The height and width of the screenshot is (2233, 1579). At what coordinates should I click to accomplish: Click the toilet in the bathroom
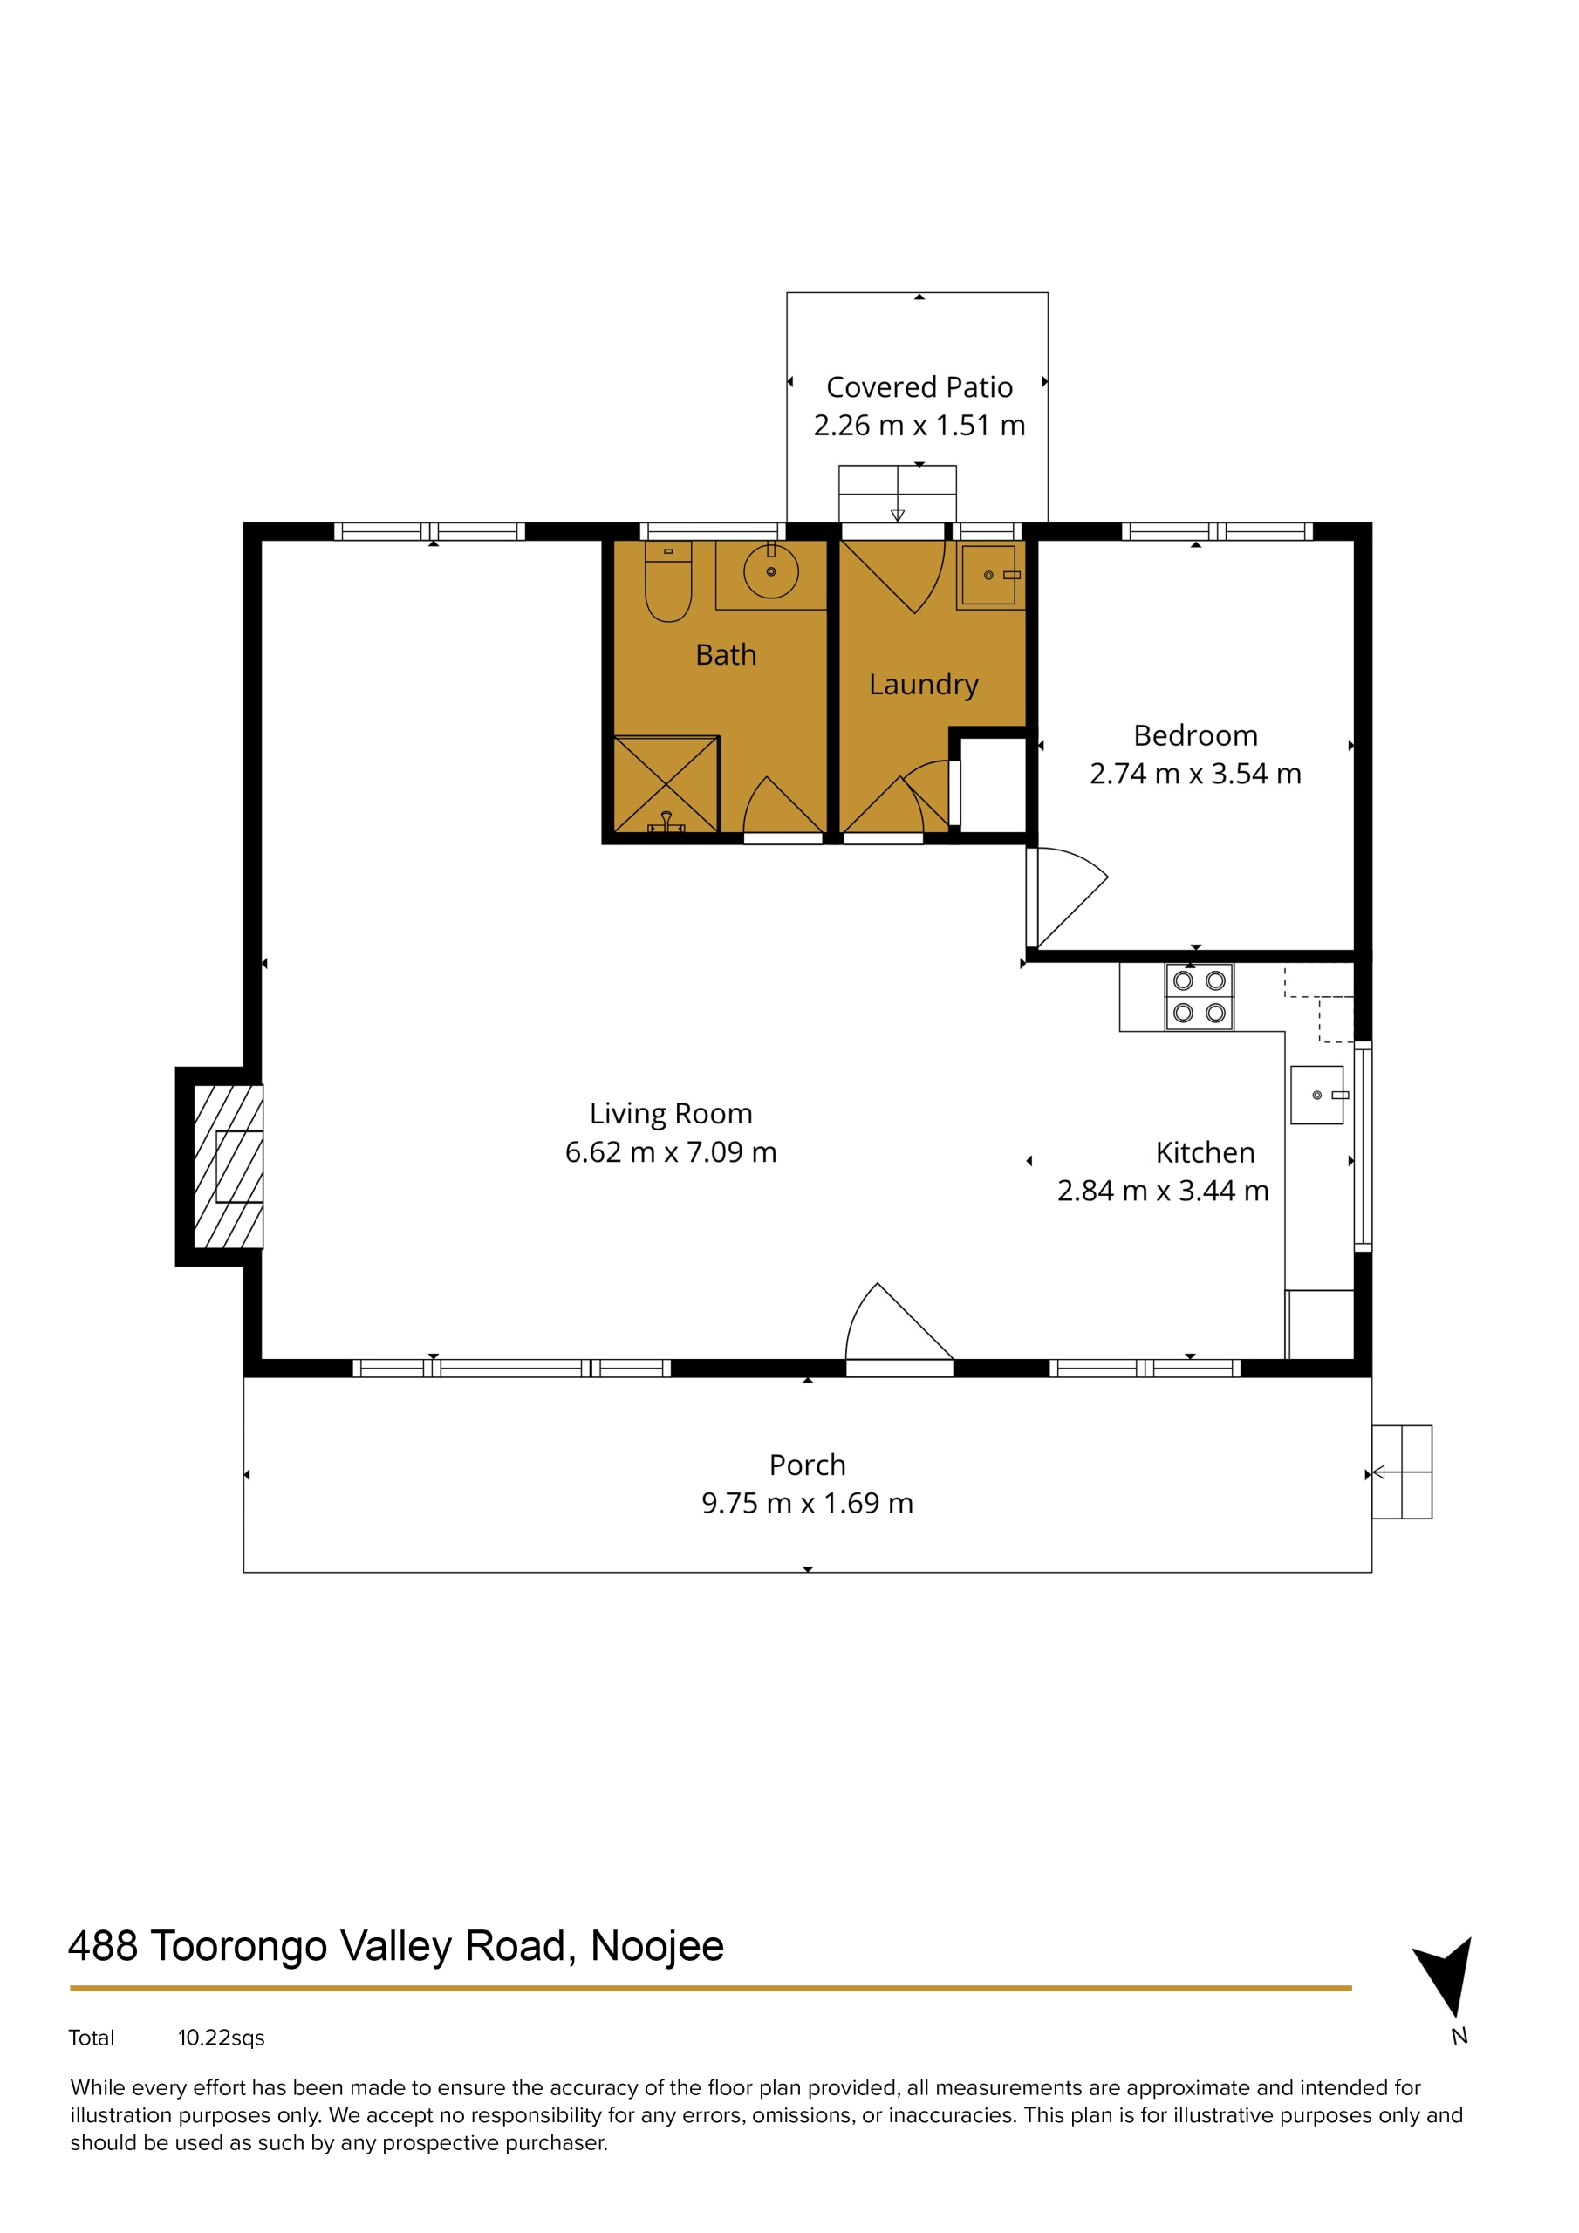click(667, 581)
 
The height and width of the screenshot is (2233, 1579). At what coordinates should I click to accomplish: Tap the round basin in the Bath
click(770, 572)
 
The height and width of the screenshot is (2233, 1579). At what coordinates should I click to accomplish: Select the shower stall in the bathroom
click(666, 784)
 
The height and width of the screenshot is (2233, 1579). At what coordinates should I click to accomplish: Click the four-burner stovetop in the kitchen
click(1199, 997)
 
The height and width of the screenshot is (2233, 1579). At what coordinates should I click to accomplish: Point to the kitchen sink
click(1318, 1095)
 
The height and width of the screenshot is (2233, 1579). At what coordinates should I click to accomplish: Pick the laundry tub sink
click(989, 575)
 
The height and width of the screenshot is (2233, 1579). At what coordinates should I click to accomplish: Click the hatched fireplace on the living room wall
click(229, 1166)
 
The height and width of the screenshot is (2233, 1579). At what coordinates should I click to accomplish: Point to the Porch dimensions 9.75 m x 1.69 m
click(807, 1503)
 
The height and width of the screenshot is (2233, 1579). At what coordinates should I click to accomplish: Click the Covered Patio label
click(919, 387)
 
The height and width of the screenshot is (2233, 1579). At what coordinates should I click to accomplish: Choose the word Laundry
click(923, 685)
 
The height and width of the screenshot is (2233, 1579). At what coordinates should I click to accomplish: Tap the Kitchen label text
click(1205, 1152)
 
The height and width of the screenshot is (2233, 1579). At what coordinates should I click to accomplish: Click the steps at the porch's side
click(1401, 1472)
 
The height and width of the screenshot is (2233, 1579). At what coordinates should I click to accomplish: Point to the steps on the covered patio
click(897, 494)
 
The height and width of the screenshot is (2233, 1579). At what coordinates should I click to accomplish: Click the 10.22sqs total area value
click(221, 2038)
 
